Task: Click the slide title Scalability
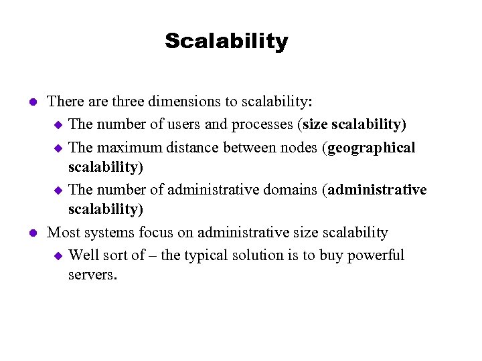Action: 226,41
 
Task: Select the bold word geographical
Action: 372,146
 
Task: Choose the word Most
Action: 63,233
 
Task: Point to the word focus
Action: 157,233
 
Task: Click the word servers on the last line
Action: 92,273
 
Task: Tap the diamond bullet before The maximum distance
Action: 58,147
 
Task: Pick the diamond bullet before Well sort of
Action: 58,255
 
